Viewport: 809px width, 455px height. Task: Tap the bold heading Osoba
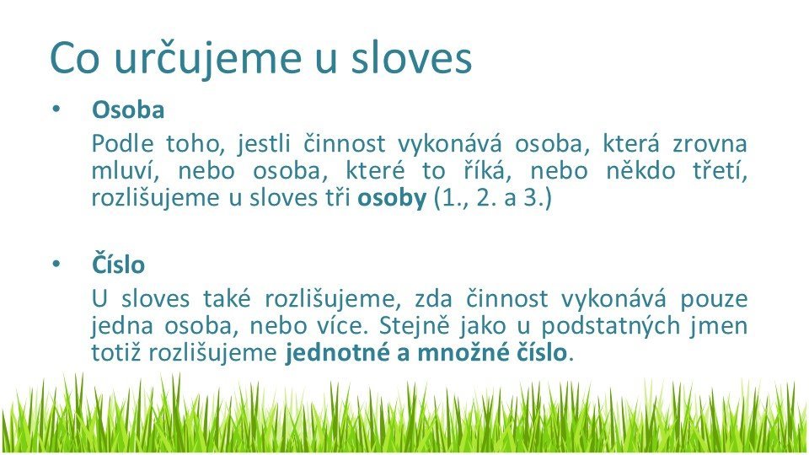(x=128, y=110)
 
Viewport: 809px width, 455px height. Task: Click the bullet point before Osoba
(x=56, y=110)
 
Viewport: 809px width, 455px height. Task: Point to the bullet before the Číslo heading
(x=56, y=264)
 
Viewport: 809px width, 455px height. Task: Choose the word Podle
(x=122, y=143)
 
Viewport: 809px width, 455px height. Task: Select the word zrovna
(x=710, y=144)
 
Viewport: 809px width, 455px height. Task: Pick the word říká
(x=487, y=170)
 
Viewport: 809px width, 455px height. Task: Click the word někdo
(x=640, y=170)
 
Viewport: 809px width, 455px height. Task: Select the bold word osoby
(x=392, y=199)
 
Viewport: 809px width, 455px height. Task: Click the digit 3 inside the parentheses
(x=530, y=199)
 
